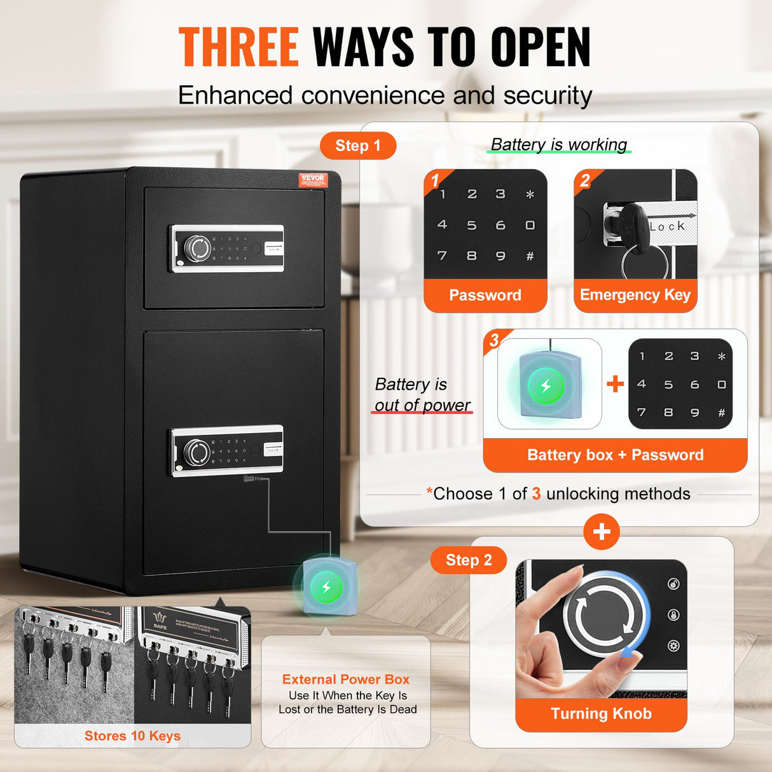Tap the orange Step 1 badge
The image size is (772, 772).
[x=357, y=146]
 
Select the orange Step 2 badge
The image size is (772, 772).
[x=469, y=560]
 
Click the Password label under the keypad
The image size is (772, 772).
[x=485, y=295]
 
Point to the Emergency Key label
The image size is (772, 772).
[x=635, y=295]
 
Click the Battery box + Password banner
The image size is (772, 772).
[x=615, y=455]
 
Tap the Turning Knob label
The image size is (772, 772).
[x=601, y=714]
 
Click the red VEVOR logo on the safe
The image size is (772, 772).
[x=313, y=179]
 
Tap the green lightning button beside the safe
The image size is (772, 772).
[x=326, y=586]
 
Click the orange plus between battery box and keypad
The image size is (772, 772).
[x=615, y=383]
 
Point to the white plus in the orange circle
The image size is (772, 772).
[x=601, y=532]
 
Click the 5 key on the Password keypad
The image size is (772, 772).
[x=471, y=225]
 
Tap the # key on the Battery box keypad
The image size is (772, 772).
[x=721, y=413]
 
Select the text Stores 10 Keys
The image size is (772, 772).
[x=132, y=736]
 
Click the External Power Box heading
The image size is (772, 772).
[x=346, y=679]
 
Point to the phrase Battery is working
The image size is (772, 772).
[x=559, y=144]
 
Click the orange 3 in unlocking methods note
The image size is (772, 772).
[x=536, y=494]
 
